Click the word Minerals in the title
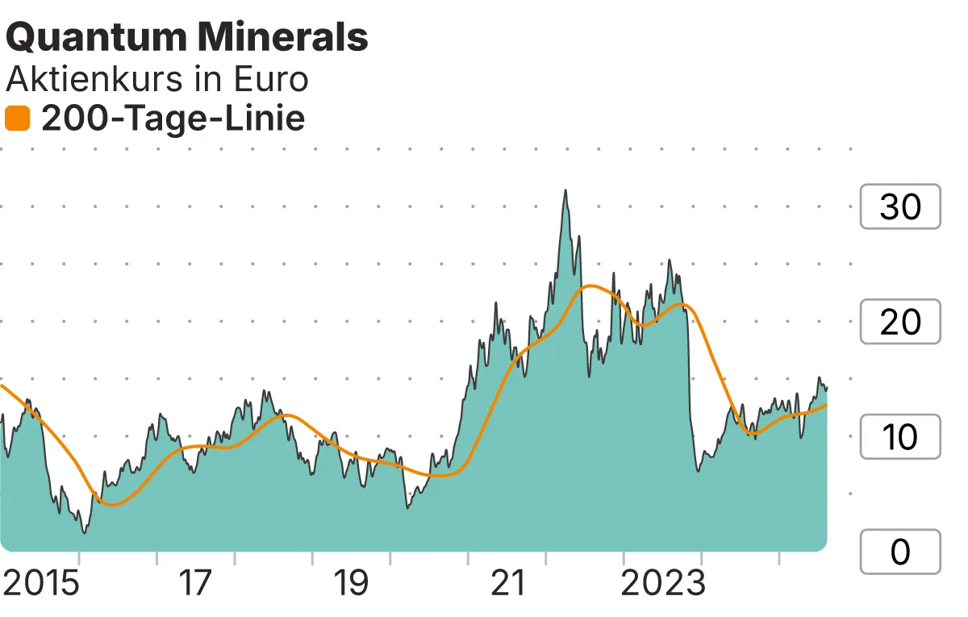point(280,37)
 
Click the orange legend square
point(17,119)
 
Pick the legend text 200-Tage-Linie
point(173,119)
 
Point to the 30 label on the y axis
point(899,207)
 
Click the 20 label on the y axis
point(899,322)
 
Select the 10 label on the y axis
point(899,437)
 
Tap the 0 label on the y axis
point(899,552)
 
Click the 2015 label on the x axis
point(41,583)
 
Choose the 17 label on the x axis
point(194,583)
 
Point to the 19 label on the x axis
point(351,583)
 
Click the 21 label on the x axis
point(508,583)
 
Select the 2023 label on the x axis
point(662,583)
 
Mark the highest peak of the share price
point(565,190)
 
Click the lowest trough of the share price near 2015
point(84,533)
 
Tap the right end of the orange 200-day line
point(827,405)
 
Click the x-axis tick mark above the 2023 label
point(701,558)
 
